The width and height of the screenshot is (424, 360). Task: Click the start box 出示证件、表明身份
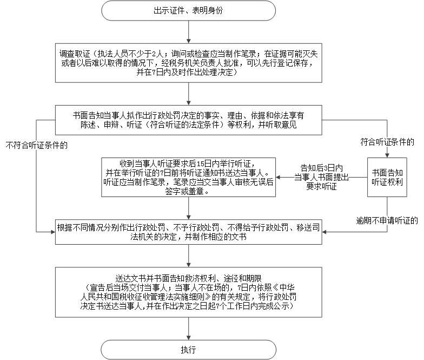188,11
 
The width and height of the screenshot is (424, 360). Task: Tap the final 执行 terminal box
188,350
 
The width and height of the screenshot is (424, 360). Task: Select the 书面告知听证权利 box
387,178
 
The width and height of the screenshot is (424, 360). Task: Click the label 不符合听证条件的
37,145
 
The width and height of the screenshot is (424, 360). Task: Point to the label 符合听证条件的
387,142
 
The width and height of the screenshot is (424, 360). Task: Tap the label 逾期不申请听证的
387,221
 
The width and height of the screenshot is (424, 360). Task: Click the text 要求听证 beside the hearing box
321,186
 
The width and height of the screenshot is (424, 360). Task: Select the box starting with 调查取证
188,63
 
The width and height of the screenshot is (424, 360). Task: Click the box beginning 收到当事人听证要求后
188,178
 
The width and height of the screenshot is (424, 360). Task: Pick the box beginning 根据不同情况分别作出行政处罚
188,232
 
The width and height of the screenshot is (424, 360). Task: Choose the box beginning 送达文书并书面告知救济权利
188,292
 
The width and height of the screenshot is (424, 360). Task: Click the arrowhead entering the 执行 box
188,338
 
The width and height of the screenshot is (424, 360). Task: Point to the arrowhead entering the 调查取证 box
188,41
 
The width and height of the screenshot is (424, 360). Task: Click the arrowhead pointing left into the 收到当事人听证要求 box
278,178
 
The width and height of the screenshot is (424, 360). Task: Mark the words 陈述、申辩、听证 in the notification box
111,125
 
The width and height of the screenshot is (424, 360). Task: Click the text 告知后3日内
321,168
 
